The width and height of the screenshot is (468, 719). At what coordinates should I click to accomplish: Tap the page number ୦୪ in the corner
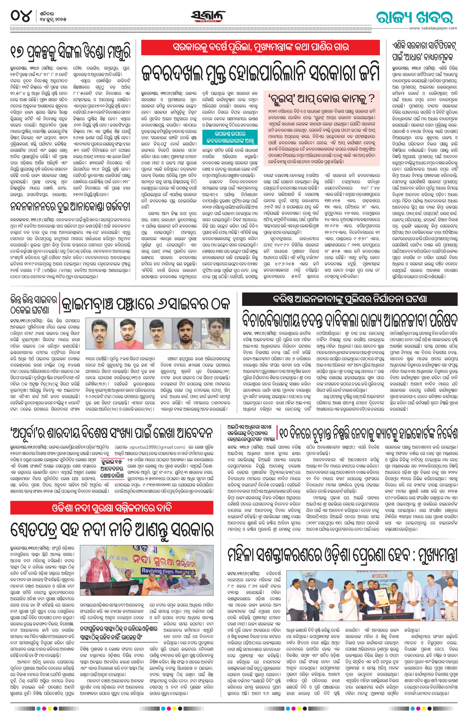21,15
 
